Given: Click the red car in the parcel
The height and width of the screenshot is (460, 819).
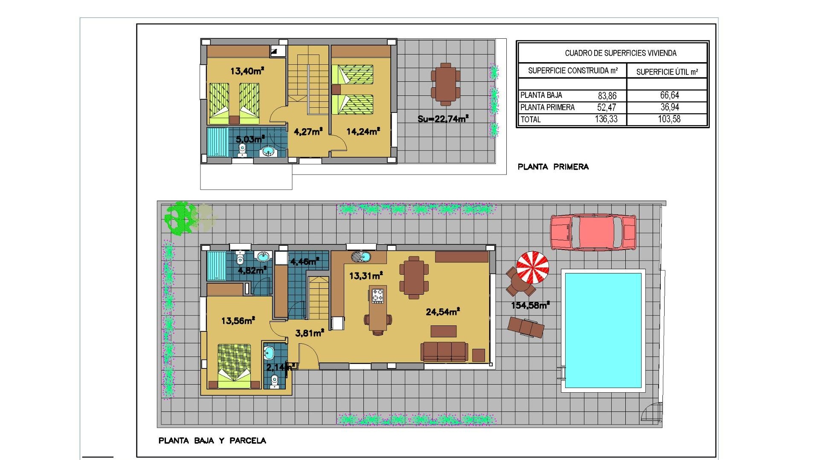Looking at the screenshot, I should click(593, 232).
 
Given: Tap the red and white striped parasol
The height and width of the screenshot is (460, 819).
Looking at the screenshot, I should click(532, 267).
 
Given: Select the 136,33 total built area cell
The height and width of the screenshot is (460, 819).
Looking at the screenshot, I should click(606, 119).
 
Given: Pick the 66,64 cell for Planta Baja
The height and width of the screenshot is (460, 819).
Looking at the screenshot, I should click(669, 95).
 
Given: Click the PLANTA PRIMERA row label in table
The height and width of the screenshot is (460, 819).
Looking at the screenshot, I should click(547, 107).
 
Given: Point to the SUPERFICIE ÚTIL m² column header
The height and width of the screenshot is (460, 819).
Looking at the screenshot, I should click(667, 72).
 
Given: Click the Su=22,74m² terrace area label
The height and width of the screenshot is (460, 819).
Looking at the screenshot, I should click(443, 119).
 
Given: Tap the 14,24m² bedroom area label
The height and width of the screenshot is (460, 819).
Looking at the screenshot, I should click(363, 132).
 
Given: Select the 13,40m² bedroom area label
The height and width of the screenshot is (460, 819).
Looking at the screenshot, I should click(247, 71).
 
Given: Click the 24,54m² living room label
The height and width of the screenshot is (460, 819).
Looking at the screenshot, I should click(443, 312).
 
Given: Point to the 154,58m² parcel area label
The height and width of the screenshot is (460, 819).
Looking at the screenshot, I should click(530, 305).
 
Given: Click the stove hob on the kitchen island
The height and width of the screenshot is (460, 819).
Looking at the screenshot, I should click(378, 296).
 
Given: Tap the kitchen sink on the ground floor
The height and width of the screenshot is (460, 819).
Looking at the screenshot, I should click(361, 257).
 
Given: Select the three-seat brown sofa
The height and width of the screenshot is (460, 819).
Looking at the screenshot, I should click(444, 352).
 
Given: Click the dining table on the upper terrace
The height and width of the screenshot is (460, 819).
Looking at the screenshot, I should click(445, 84).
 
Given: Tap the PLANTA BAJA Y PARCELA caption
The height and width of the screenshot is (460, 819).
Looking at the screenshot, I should click(212, 440).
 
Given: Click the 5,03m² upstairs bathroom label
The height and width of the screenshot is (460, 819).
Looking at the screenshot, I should click(250, 139).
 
